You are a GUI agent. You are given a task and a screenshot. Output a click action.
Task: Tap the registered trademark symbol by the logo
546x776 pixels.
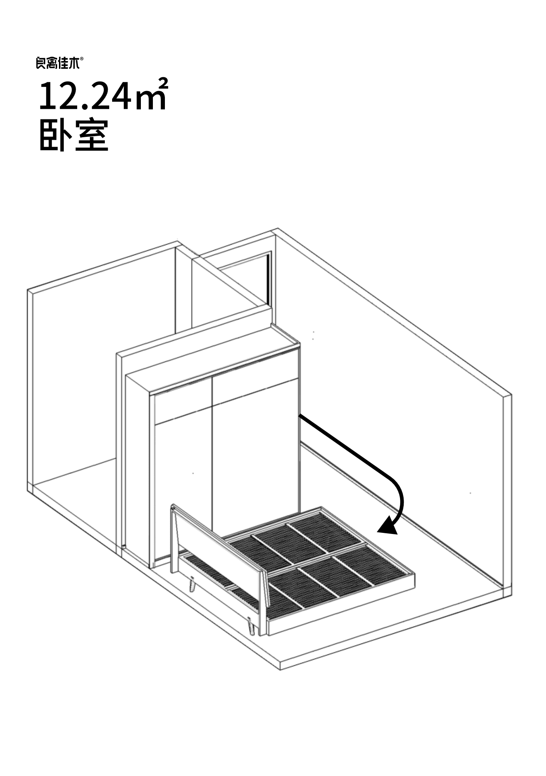pos(81,58)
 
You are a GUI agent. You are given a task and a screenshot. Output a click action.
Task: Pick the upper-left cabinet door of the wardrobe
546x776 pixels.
pos(183,401)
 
